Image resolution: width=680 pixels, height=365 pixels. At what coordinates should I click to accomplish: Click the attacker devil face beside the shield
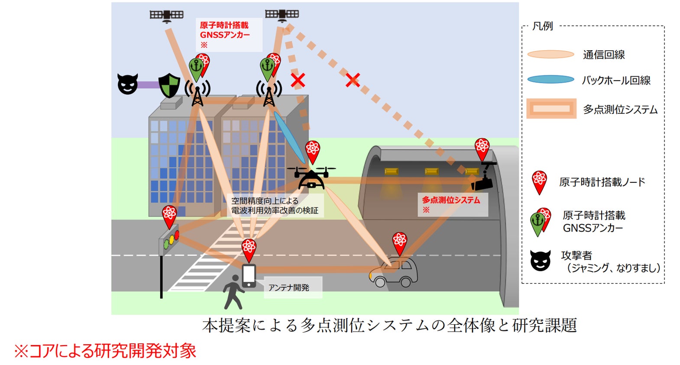(128, 84)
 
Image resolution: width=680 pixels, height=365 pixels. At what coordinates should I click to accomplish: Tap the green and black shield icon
(169, 85)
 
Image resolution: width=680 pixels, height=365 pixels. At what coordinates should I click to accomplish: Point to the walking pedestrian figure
(233, 292)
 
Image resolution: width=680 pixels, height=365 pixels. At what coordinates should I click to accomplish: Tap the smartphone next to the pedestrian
(249, 275)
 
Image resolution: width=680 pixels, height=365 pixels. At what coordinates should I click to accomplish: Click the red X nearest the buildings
(298, 80)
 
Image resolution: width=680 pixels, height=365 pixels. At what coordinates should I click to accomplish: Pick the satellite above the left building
(167, 16)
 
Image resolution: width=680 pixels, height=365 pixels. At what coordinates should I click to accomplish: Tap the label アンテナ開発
(289, 287)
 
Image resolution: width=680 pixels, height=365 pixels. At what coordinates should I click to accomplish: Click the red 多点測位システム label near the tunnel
(451, 200)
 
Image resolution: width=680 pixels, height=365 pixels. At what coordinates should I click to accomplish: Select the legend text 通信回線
(604, 55)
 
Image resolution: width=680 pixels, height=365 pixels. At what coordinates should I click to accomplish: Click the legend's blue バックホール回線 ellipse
(550, 80)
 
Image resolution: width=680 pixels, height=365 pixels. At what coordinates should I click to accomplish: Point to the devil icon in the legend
(541, 261)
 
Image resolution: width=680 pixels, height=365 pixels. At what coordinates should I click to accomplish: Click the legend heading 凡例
(543, 26)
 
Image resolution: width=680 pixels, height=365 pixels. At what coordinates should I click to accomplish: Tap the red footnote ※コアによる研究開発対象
(105, 351)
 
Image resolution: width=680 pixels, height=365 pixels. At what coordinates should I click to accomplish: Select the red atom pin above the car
(399, 242)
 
